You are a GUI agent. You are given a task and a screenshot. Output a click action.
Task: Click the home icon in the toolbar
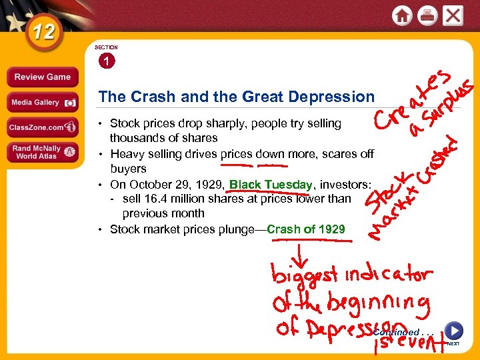coord(402,16)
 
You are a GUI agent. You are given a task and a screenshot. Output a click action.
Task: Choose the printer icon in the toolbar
coord(427,16)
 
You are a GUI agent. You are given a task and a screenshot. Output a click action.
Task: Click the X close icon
coord(453,15)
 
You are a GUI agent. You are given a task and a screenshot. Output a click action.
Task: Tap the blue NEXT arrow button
coord(453,331)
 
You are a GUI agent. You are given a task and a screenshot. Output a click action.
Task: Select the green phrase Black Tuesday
coord(271,184)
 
